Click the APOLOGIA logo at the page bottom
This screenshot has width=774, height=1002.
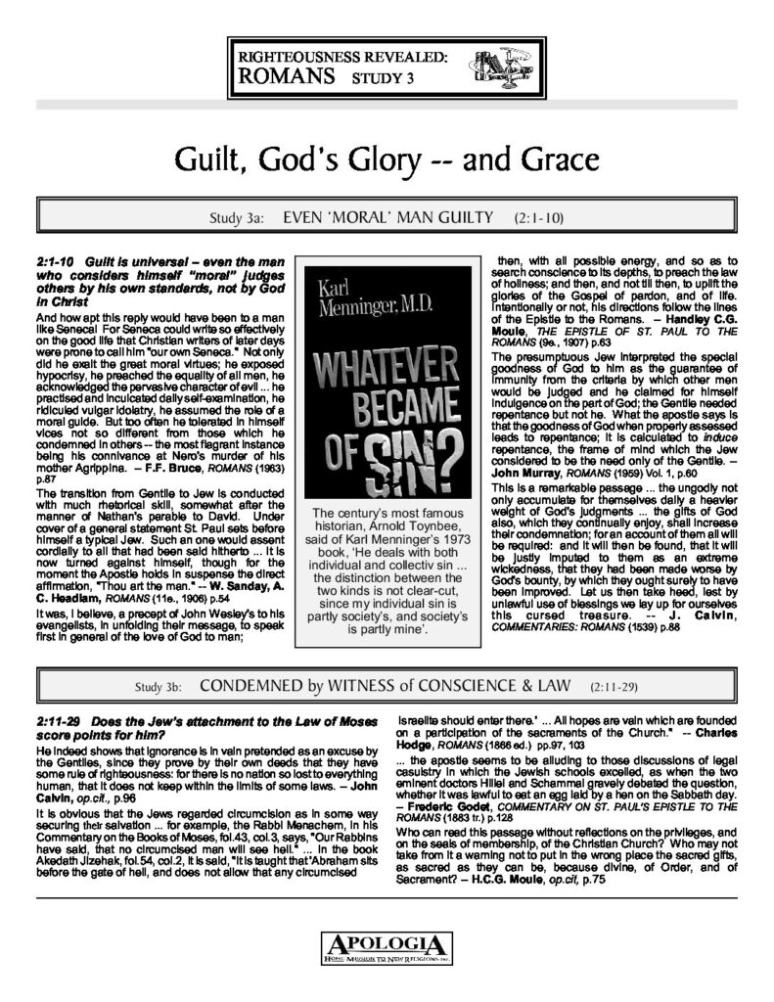pos(387,947)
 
